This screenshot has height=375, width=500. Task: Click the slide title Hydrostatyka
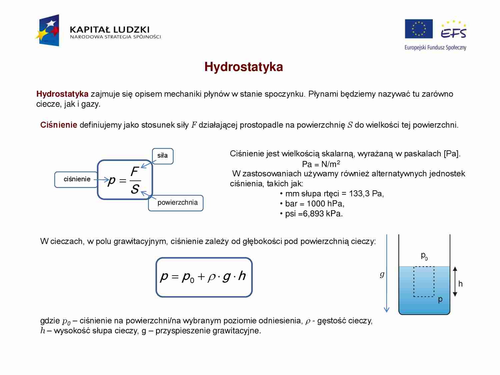click(x=244, y=67)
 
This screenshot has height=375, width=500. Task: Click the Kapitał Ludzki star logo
click(x=48, y=31)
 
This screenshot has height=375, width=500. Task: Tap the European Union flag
click(x=419, y=29)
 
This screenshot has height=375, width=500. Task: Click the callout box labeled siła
click(x=163, y=156)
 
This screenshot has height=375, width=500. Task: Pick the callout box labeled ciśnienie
click(x=77, y=179)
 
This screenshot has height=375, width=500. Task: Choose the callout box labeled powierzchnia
click(x=177, y=203)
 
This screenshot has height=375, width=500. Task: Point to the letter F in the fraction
click(x=134, y=172)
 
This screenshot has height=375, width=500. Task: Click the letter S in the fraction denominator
click(x=135, y=189)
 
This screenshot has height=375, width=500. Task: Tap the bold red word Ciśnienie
click(x=59, y=125)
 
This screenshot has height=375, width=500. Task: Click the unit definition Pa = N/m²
click(x=321, y=164)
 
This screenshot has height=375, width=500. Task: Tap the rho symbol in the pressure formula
click(x=211, y=277)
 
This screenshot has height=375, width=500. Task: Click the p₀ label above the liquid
click(x=424, y=256)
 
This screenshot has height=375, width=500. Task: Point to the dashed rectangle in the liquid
click(x=424, y=281)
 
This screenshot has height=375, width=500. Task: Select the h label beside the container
click(x=460, y=284)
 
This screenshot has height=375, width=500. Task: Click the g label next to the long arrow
click(x=382, y=274)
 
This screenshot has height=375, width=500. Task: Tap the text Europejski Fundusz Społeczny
click(x=435, y=48)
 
